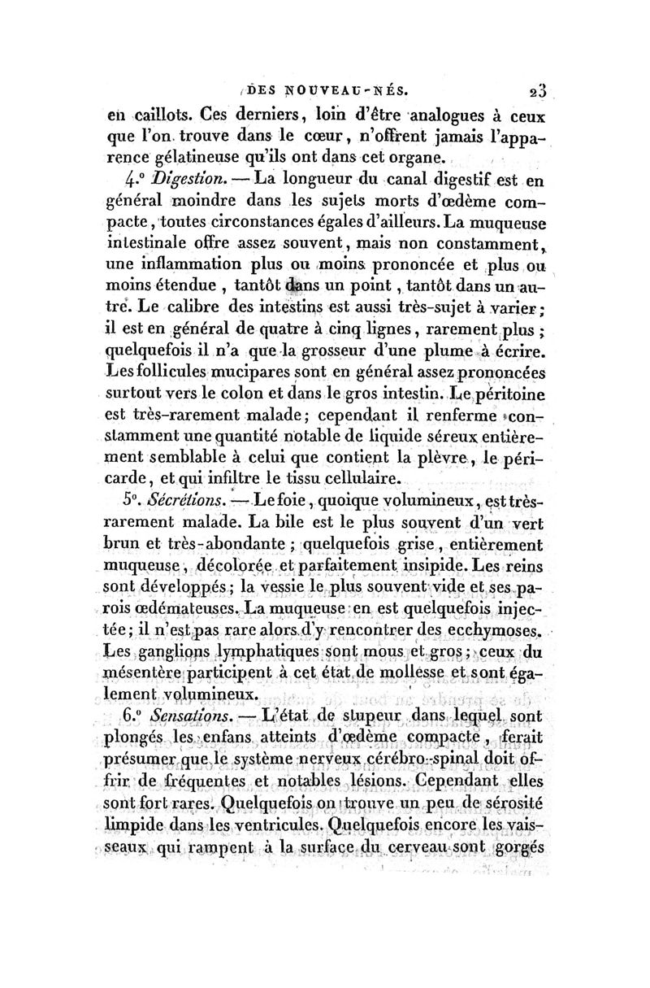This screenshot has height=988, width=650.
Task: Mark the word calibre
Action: pos(193,307)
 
